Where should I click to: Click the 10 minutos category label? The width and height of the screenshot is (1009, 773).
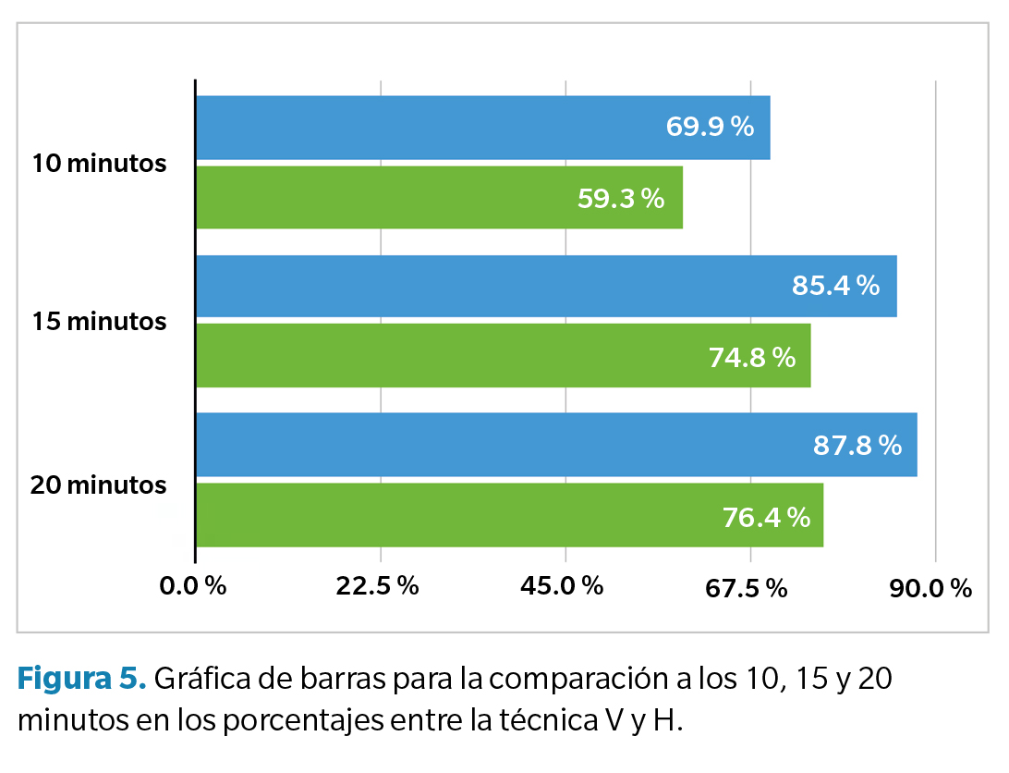pos(99,164)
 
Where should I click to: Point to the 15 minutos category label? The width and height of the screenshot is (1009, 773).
pos(99,322)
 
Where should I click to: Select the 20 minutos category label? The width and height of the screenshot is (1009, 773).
pos(99,485)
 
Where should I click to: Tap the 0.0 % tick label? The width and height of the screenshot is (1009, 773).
pos(193,586)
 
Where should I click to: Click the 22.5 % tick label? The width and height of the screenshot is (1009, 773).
pos(378,586)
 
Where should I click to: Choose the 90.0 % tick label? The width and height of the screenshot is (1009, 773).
pos(930,587)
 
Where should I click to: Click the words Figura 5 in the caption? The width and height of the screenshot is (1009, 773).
pos(81,680)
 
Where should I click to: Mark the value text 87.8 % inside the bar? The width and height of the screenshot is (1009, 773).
pos(857,446)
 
